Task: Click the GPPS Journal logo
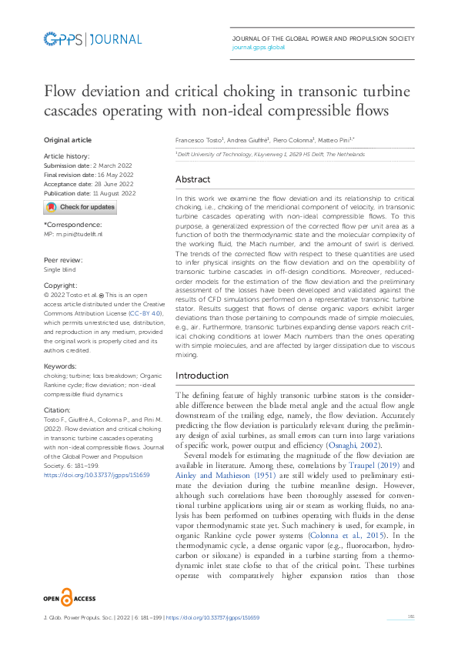92,39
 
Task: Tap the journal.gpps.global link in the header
259,47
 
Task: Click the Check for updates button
80,207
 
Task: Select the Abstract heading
192,179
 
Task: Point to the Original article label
68,140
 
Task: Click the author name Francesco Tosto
199,141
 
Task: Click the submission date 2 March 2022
109,165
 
